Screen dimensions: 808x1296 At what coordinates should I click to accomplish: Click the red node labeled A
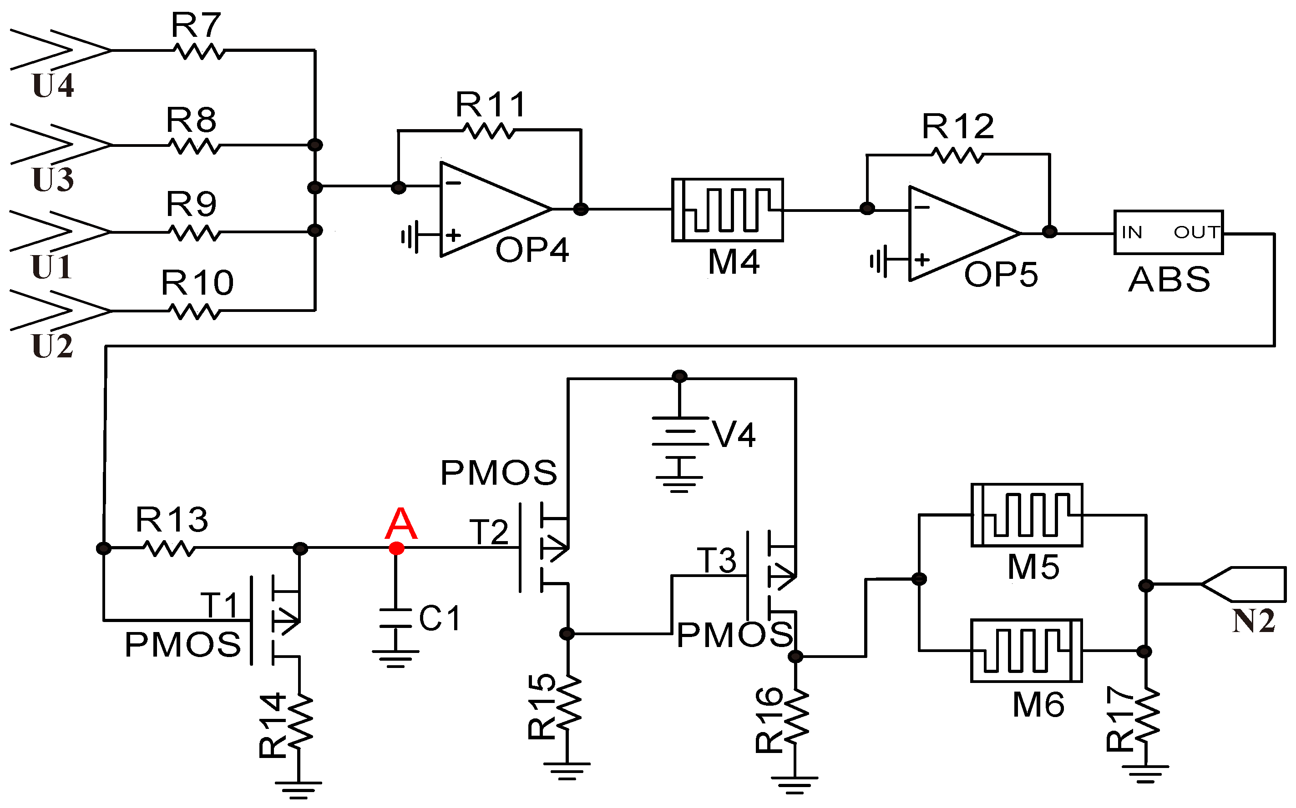coord(396,548)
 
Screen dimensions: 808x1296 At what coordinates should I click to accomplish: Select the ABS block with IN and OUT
coord(1168,232)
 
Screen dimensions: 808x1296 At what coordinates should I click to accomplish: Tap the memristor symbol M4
coord(727,210)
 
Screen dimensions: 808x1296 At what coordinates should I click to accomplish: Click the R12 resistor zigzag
coord(957,155)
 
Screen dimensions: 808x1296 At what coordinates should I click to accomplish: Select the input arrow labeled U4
coord(59,50)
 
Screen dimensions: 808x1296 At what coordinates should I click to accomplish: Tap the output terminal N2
coord(1246,583)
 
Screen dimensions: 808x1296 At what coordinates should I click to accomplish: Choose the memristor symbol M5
coord(1027,515)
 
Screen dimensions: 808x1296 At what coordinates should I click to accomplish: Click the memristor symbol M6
coord(1027,650)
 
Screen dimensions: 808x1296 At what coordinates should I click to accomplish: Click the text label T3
coord(716,560)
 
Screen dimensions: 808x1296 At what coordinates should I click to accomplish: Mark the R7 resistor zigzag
coord(199,51)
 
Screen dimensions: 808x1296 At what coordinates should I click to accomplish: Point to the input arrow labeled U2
coord(59,311)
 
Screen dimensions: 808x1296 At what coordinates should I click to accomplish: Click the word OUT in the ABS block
coord(1195,232)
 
